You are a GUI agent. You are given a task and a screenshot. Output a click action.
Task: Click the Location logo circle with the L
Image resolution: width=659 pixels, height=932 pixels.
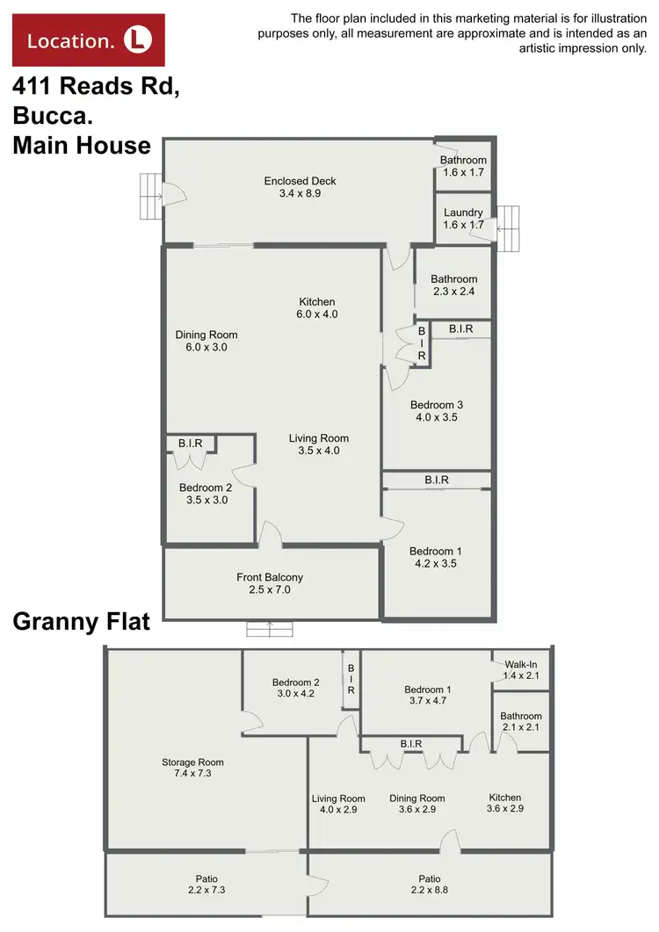[137, 39]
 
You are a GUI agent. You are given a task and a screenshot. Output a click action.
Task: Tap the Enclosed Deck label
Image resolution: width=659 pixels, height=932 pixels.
[300, 182]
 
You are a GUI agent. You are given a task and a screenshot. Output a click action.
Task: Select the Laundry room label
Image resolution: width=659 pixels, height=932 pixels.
[463, 213]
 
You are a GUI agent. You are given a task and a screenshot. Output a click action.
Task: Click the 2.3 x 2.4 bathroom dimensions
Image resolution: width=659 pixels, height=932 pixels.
[453, 292]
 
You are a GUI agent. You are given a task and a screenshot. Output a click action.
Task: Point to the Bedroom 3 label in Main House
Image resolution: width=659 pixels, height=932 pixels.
[436, 405]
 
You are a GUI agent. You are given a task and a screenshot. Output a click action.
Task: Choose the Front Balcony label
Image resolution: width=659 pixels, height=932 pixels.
[270, 577]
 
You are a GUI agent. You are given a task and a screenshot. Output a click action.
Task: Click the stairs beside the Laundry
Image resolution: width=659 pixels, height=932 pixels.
[507, 228]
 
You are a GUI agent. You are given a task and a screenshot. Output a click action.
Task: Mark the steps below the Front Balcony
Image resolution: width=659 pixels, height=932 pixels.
[270, 628]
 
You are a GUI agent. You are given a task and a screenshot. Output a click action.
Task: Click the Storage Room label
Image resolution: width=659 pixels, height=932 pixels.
[192, 762]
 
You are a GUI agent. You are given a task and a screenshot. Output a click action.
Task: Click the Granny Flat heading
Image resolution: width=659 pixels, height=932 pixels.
[81, 623]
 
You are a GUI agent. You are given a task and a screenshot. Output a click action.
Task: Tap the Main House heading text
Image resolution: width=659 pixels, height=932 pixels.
[82, 145]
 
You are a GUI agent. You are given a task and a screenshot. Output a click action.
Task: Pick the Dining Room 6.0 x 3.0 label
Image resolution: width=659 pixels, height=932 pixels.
[206, 341]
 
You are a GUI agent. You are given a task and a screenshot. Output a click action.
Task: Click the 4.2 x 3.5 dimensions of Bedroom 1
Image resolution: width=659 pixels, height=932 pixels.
[435, 564]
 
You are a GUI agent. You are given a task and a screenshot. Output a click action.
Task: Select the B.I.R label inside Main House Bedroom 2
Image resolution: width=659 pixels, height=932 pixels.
[190, 444]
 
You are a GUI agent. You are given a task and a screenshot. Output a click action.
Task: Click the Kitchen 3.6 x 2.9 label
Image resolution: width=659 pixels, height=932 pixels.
[505, 803]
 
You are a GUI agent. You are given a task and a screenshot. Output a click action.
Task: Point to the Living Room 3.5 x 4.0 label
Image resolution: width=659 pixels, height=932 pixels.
[319, 444]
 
